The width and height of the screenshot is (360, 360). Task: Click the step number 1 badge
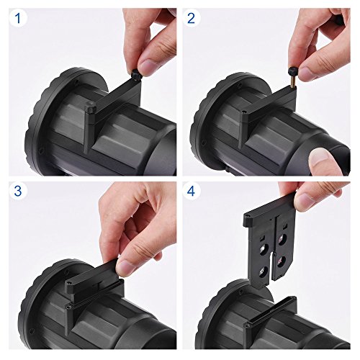pyautogui.click(x=18, y=18)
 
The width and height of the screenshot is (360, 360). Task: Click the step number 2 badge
pyautogui.click(x=191, y=18)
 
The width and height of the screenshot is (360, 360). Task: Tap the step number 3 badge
pyautogui.click(x=18, y=191)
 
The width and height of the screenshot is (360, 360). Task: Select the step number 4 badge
pyautogui.click(x=191, y=191)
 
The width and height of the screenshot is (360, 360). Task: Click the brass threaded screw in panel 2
pyautogui.click(x=292, y=81)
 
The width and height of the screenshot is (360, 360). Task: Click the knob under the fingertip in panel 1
pyautogui.click(x=136, y=73)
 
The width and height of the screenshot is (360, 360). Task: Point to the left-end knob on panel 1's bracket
pyautogui.click(x=91, y=107)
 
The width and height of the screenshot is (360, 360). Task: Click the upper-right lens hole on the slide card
pyautogui.click(x=282, y=239)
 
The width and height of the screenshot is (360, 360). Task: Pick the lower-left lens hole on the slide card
pyautogui.click(x=264, y=271)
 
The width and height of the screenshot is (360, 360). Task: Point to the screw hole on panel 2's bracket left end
pyautogui.click(x=244, y=112)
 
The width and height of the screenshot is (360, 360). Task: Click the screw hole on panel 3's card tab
pyautogui.click(x=70, y=283)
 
